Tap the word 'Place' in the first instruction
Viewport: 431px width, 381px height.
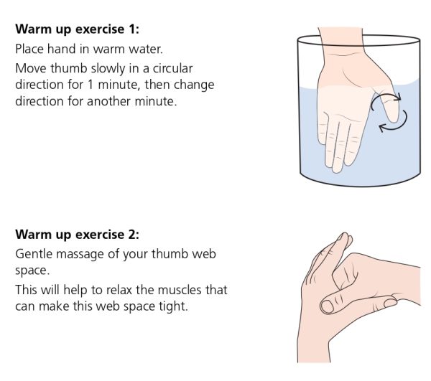point(30,50)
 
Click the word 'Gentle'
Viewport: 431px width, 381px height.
point(34,255)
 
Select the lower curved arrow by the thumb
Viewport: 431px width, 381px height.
point(391,124)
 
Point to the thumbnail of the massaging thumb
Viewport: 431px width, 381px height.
point(328,307)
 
